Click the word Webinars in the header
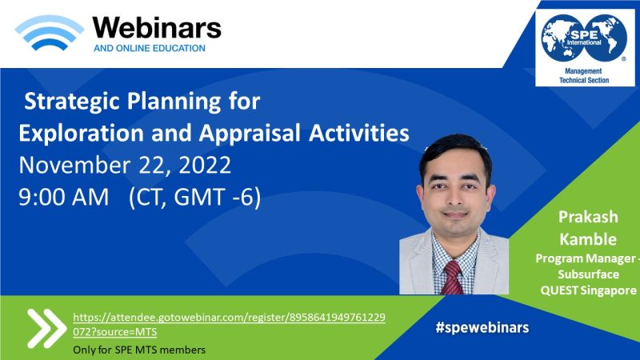click(157, 28)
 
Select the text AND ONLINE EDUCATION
click(150, 48)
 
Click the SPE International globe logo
click(584, 38)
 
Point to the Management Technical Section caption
click(584, 76)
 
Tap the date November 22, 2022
click(125, 166)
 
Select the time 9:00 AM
click(64, 197)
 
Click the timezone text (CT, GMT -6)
click(194, 197)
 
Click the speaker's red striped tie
click(452, 278)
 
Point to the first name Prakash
click(588, 217)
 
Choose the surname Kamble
click(588, 239)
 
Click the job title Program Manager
click(586, 258)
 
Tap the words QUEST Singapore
click(588, 290)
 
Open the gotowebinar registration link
click(229, 325)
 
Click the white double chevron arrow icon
click(46, 328)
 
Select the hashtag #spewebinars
click(482, 327)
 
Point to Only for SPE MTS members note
click(139, 350)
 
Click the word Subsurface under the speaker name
click(588, 274)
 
